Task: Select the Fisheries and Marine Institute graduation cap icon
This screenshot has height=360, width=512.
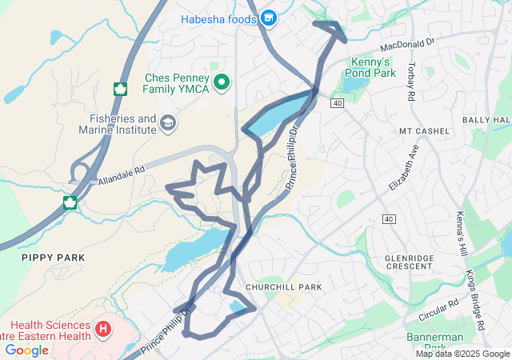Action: (x=168, y=122)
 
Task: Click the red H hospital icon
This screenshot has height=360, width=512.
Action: (x=102, y=328)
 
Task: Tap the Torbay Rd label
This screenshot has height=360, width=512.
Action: (x=412, y=81)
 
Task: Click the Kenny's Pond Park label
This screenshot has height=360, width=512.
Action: (x=373, y=67)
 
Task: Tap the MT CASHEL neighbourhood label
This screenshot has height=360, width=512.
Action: (x=420, y=131)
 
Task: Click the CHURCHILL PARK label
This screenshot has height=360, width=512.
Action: (x=283, y=286)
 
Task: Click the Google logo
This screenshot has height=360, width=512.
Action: (x=26, y=350)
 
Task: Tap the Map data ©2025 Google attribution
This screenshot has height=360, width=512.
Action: (x=462, y=354)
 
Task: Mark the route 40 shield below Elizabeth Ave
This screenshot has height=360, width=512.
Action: (x=389, y=218)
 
